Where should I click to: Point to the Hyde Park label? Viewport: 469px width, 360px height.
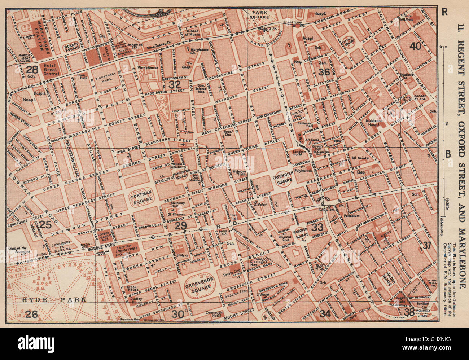pyautogui.click(x=54, y=299)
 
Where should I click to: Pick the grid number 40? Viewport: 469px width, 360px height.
pyautogui.click(x=415, y=46)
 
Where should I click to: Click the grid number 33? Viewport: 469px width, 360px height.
pyautogui.click(x=317, y=227)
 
